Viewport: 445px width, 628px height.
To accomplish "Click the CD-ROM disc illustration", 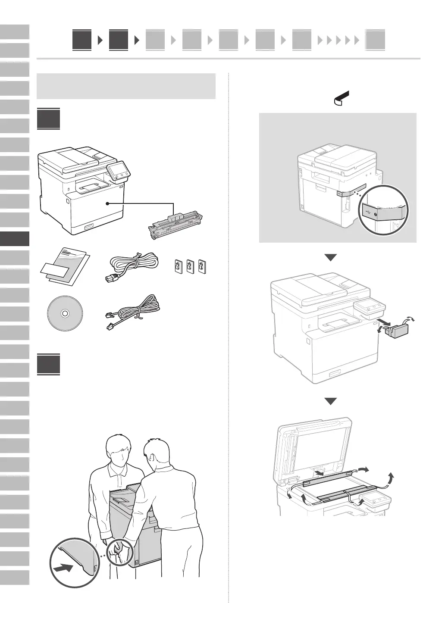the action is click(x=64, y=314).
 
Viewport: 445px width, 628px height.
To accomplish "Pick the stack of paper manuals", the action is click(x=65, y=267).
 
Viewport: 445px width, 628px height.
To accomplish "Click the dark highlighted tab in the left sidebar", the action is click(x=15, y=238).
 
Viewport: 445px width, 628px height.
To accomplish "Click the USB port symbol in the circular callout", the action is click(x=368, y=212).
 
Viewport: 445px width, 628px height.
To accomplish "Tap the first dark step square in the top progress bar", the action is click(x=82, y=40).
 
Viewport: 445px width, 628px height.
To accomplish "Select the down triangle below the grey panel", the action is click(x=331, y=258).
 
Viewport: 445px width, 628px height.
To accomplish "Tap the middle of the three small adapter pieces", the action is click(x=190, y=266).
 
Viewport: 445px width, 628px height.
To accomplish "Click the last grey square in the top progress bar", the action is click(x=375, y=40).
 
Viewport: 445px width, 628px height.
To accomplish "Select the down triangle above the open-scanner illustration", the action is click(x=331, y=401).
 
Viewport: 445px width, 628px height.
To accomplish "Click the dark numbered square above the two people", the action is click(x=48, y=364).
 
